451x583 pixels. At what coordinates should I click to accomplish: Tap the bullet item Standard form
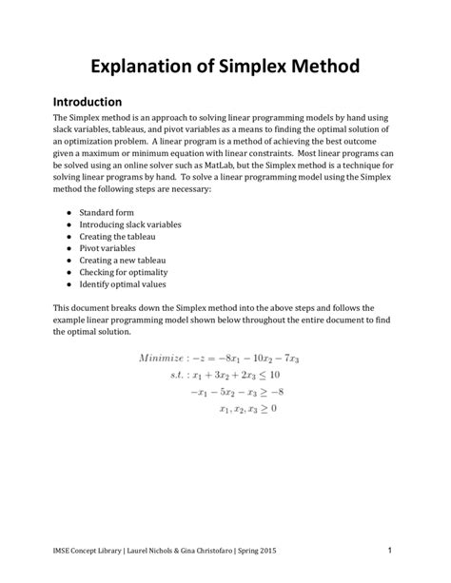pyautogui.click(x=108, y=212)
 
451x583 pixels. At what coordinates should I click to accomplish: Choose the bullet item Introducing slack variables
pyautogui.click(x=130, y=224)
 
